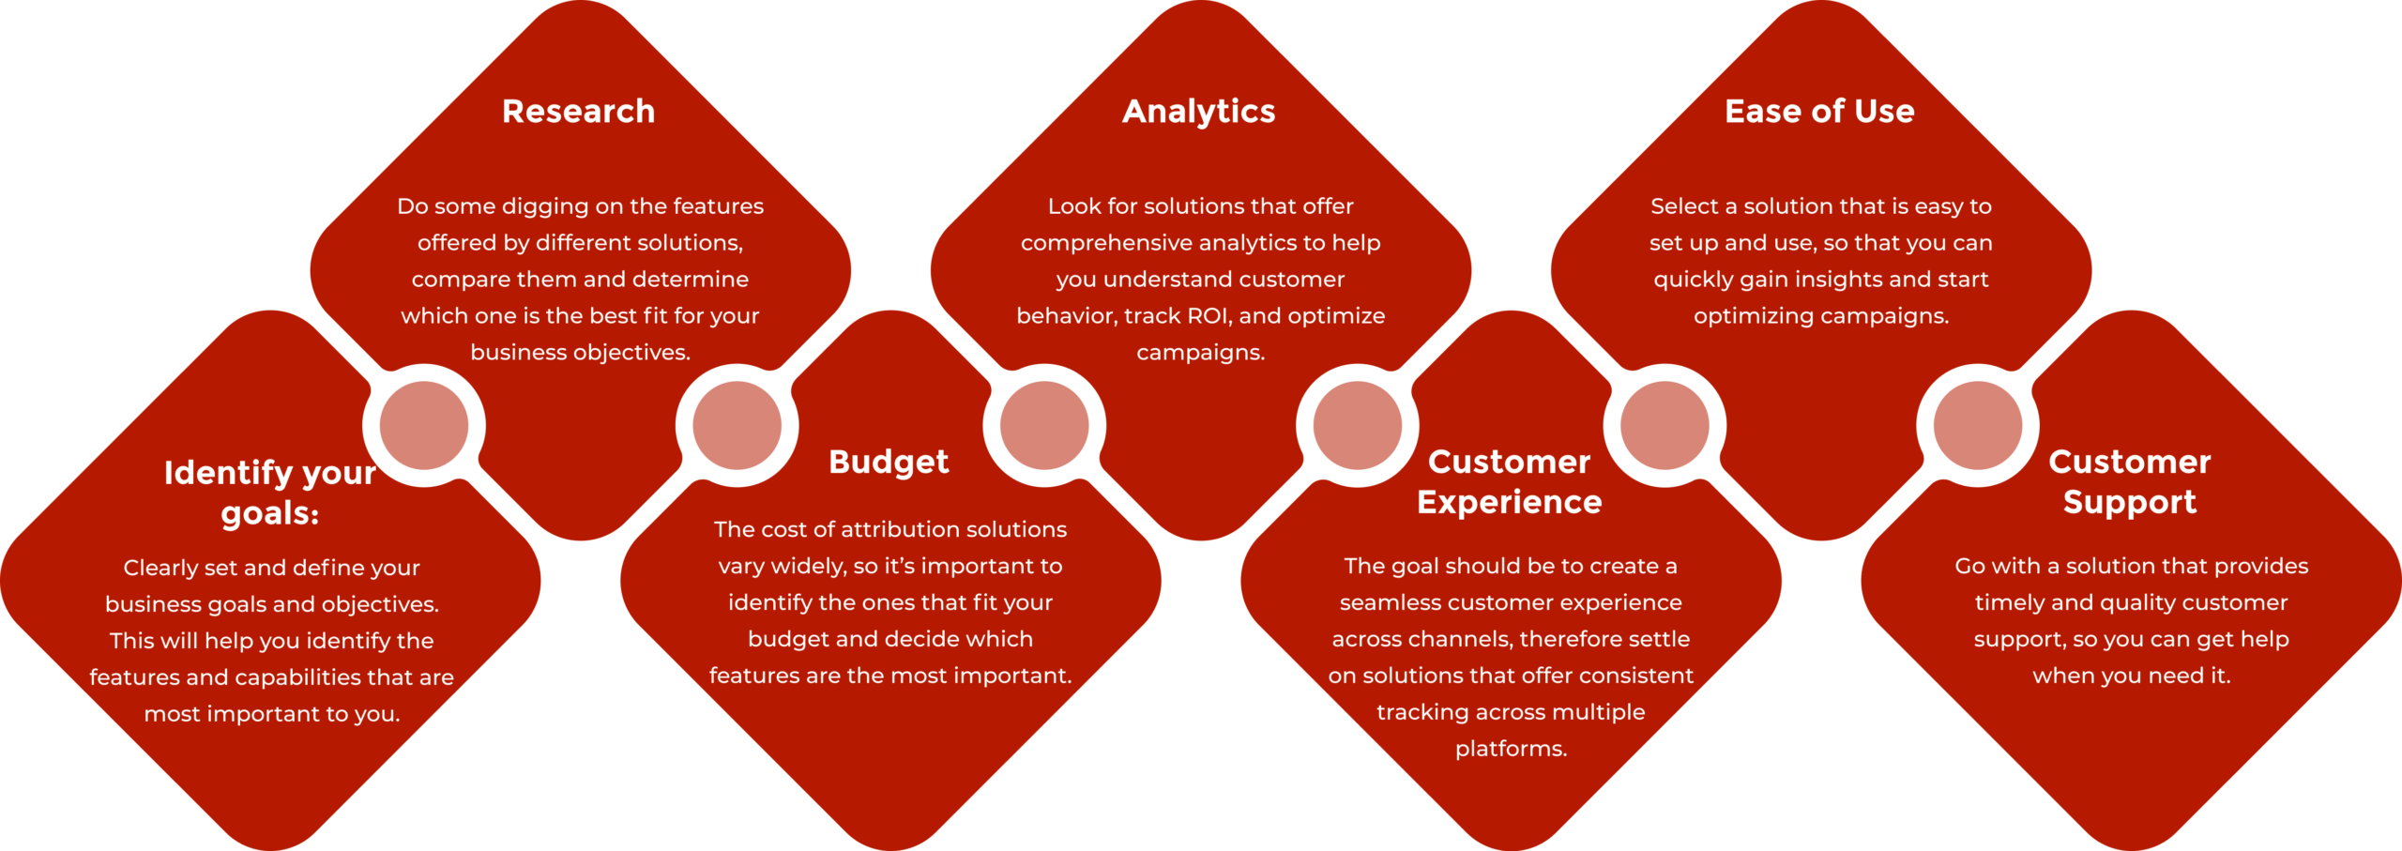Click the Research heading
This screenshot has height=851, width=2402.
(578, 111)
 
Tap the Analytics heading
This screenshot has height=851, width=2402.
(1199, 112)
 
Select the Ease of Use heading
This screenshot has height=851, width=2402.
(1819, 111)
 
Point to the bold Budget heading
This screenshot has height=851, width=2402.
(889, 463)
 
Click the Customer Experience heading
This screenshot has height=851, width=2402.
(1510, 482)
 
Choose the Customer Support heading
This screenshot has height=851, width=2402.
(2130, 482)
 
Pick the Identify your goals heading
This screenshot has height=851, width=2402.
(270, 493)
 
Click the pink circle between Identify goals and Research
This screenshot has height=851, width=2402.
(424, 425)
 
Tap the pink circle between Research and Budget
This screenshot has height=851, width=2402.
(737, 425)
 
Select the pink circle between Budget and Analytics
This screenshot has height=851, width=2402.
(1044, 425)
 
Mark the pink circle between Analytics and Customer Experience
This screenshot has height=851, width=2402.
(1357, 425)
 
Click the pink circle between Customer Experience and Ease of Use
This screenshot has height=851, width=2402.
(1665, 425)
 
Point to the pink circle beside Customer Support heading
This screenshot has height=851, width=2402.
(1977, 425)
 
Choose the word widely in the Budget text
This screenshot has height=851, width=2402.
(802, 567)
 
